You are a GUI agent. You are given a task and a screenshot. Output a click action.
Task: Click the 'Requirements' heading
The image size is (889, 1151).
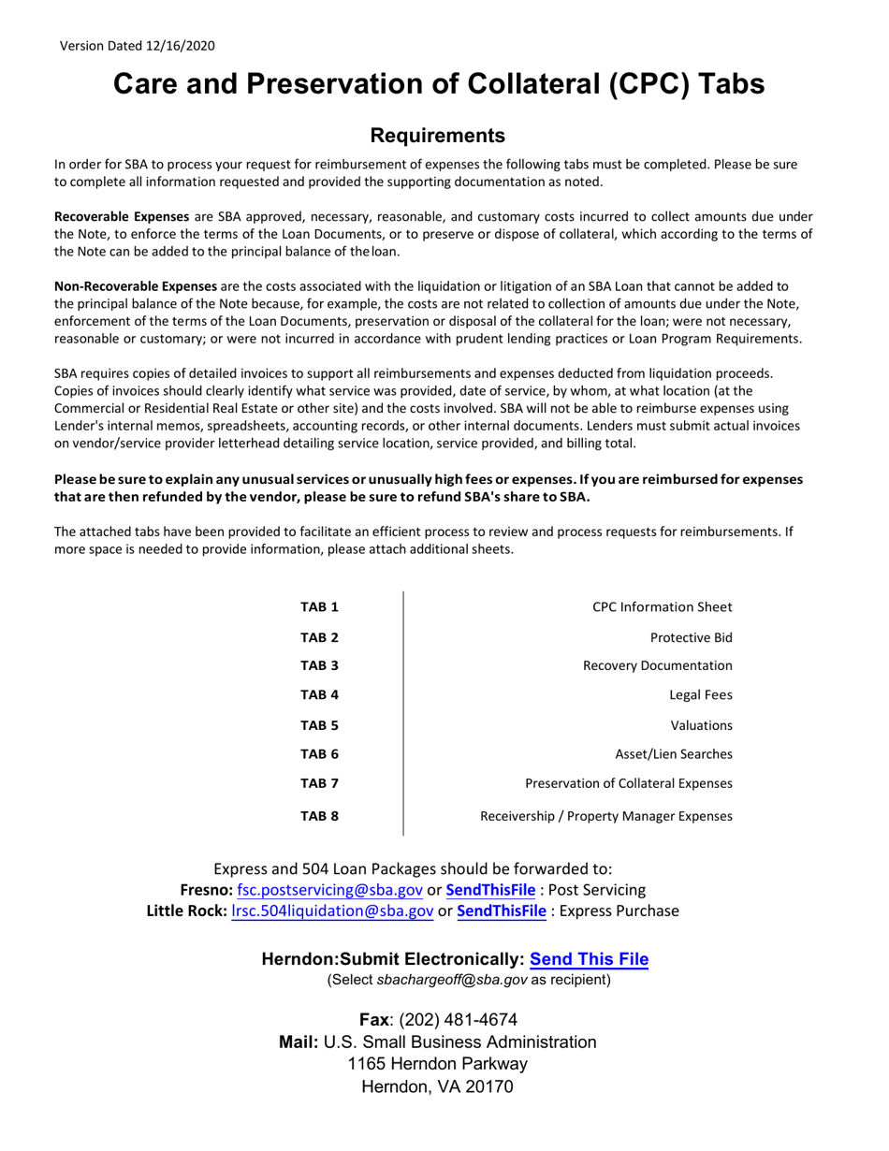pos(438,136)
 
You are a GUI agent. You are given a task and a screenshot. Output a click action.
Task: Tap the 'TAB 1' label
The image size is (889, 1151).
pos(318,607)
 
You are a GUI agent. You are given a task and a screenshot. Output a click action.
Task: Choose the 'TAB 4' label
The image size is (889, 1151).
pos(318,694)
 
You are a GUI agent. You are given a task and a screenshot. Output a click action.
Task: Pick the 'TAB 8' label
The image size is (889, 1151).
pos(318,816)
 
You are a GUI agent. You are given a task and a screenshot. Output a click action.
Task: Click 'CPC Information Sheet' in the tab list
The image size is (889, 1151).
pos(663,607)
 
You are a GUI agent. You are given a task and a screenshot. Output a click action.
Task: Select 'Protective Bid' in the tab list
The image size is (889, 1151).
pos(691,637)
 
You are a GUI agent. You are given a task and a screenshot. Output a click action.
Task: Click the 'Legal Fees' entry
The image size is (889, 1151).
pos(701,694)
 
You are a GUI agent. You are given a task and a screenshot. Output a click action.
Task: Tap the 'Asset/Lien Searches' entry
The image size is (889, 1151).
pos(673,753)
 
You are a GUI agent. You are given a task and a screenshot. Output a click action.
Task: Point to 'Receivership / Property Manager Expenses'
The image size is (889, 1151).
pos(605,816)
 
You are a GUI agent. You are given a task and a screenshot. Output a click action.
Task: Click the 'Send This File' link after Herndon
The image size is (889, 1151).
pos(589,959)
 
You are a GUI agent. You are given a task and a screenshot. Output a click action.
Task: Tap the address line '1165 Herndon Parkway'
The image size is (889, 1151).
pos(437,1064)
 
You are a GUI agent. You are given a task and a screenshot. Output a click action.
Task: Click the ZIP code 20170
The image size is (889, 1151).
pos(488,1087)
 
